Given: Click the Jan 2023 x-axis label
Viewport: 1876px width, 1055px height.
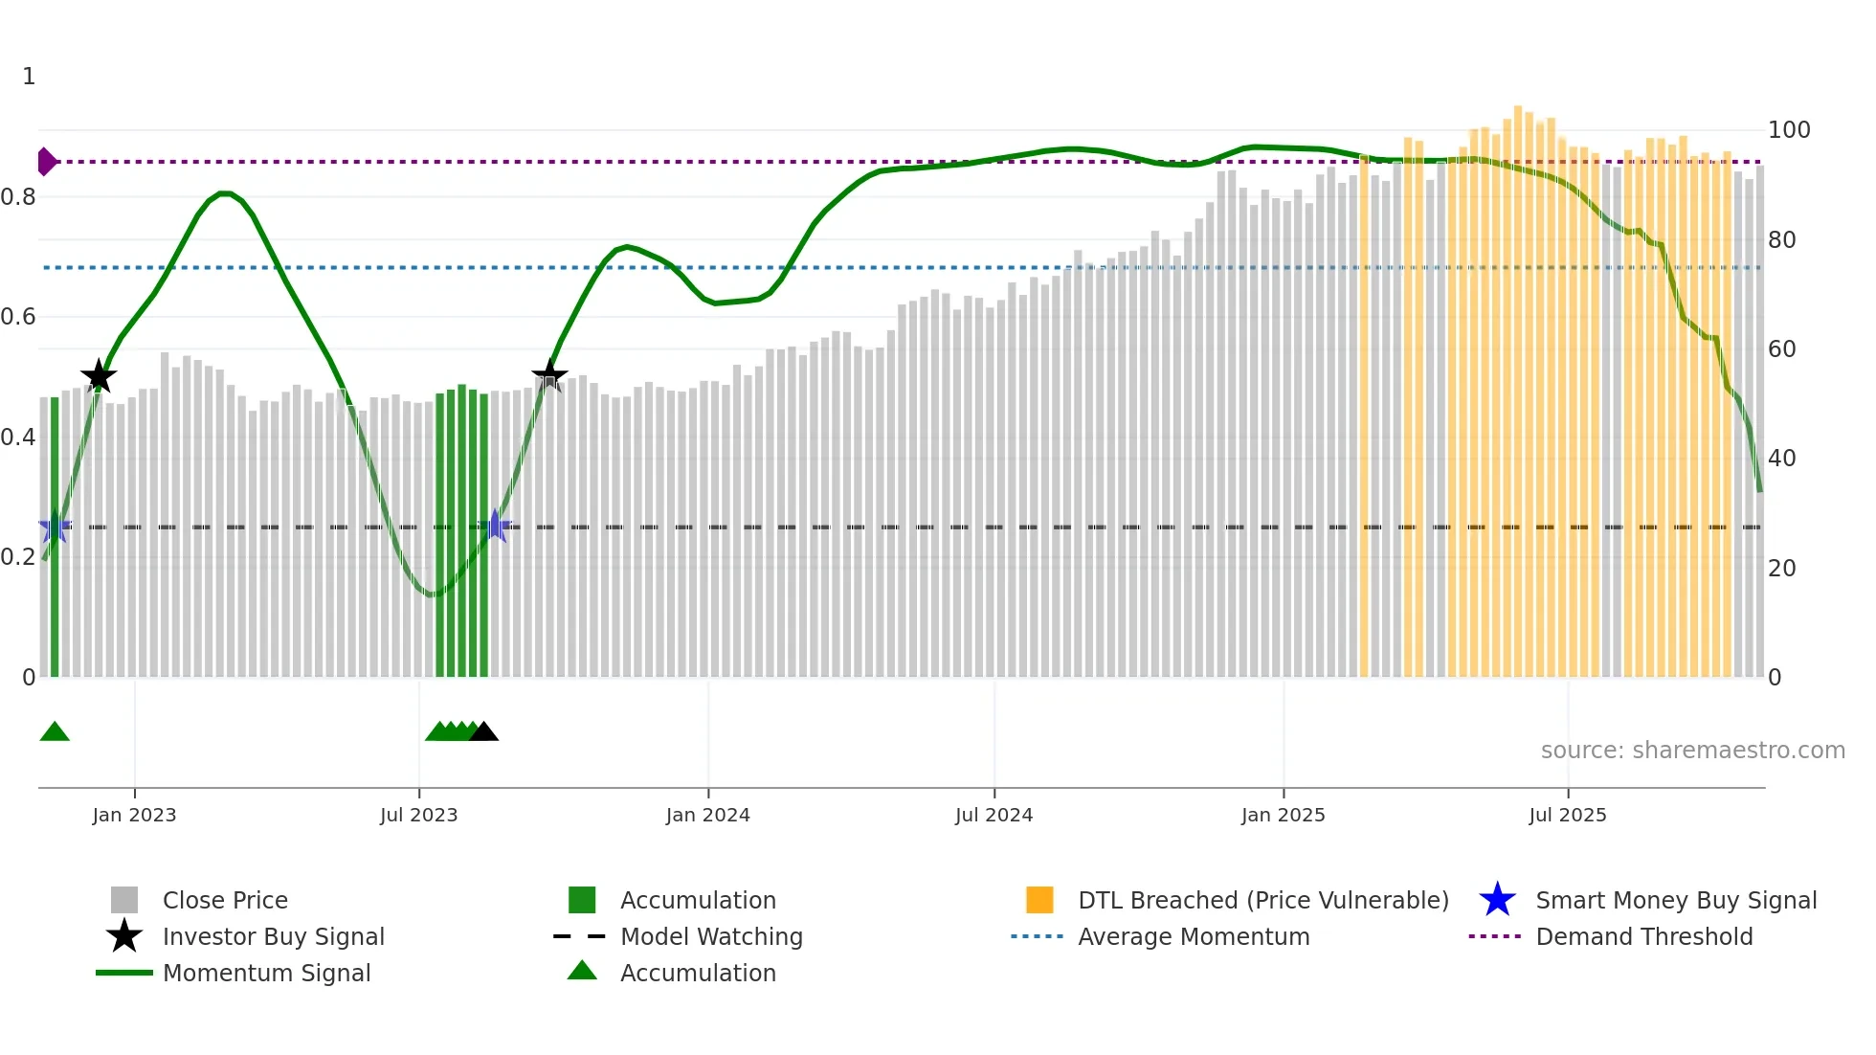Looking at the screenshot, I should pyautogui.click(x=134, y=815).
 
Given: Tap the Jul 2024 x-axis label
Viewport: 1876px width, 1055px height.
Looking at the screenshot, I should pyautogui.click(x=994, y=815).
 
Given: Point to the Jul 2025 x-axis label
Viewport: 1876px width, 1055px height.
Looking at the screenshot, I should pyautogui.click(x=1567, y=815).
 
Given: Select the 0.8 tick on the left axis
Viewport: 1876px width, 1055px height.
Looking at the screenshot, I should pyautogui.click(x=19, y=197).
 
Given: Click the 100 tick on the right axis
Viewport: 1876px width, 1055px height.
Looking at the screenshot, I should pyautogui.click(x=1788, y=130).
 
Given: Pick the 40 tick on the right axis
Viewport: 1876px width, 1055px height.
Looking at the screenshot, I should pyautogui.click(x=1781, y=459).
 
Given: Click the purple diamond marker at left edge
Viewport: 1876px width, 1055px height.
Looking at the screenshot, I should pyautogui.click(x=46, y=162).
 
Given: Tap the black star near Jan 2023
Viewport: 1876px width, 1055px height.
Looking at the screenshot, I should pyautogui.click(x=99, y=376).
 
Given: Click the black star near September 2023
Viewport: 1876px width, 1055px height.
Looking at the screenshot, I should pyautogui.click(x=549, y=375).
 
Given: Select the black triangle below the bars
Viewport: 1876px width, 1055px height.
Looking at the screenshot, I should pyautogui.click(x=484, y=732).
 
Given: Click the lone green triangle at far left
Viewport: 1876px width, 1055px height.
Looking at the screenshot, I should pyautogui.click(x=55, y=732).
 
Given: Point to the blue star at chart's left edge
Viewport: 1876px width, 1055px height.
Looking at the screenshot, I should pyautogui.click(x=55, y=527).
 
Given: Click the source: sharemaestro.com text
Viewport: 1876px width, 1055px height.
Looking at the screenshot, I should pyautogui.click(x=1692, y=751).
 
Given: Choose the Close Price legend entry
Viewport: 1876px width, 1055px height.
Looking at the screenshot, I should pyautogui.click(x=224, y=900).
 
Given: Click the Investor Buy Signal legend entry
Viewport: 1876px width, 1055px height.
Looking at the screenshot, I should pyautogui.click(x=273, y=936).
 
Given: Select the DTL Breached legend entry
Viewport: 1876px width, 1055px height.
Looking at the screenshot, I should pyautogui.click(x=1262, y=900).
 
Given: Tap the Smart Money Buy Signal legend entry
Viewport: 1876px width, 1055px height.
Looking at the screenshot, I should pyautogui.click(x=1675, y=900).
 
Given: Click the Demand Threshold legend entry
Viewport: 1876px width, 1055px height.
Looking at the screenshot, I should pyautogui.click(x=1643, y=936).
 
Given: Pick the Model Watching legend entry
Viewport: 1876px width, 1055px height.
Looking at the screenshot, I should pyautogui.click(x=710, y=936).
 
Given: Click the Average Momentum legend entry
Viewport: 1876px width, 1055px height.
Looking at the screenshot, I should pyautogui.click(x=1193, y=936).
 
